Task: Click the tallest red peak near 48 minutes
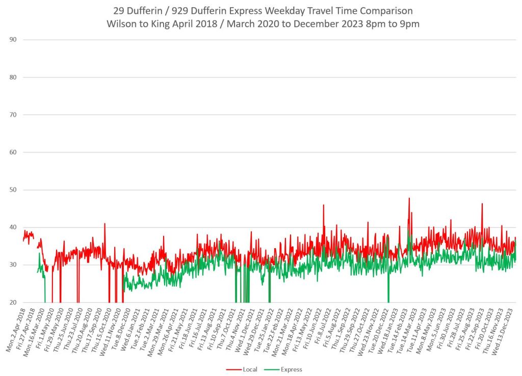(409, 199)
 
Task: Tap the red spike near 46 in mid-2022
(323, 205)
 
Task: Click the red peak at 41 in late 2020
(105, 224)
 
